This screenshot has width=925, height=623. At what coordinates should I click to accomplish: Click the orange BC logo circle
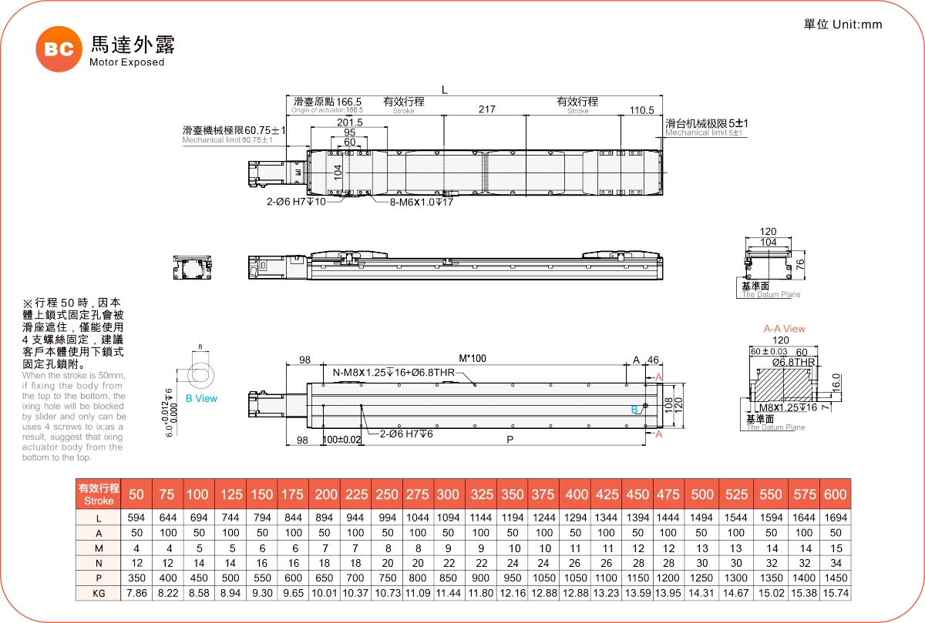[58, 49]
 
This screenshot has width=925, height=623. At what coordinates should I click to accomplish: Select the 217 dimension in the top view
[486, 110]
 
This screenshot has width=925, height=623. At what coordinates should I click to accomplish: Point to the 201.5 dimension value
[350, 122]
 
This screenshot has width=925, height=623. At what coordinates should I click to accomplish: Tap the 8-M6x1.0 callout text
[411, 203]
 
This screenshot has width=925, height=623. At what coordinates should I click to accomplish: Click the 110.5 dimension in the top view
[641, 110]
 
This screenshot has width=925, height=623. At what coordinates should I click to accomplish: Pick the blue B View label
[201, 399]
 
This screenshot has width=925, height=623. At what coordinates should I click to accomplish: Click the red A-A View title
[784, 329]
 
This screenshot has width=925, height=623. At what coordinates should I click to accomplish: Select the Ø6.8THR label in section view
[794, 362]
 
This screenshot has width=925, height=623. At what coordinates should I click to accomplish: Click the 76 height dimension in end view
[800, 264]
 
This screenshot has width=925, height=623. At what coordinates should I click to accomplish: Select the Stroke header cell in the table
[98, 494]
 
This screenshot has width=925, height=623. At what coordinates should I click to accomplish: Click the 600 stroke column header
[835, 494]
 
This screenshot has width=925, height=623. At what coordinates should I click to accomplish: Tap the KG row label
[98, 593]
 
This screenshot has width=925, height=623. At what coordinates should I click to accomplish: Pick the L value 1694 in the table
[835, 518]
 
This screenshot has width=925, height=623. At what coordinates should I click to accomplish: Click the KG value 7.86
[136, 593]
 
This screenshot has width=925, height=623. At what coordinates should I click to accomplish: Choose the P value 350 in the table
[136, 578]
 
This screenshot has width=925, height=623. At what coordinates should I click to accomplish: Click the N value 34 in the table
[835, 562]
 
